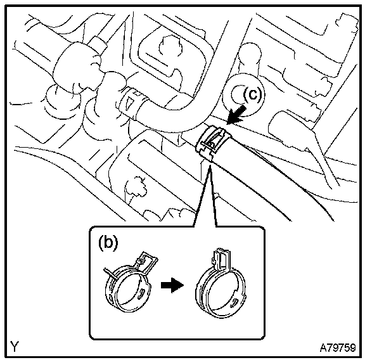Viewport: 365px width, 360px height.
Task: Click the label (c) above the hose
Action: point(252,94)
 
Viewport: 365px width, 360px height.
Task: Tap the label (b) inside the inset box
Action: point(108,243)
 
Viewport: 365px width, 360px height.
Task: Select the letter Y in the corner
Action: point(15,347)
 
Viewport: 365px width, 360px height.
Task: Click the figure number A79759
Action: point(338,348)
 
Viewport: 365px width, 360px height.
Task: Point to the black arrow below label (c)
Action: point(237,115)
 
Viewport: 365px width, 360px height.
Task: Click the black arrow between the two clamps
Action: point(172,285)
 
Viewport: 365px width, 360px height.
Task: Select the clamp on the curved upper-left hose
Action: point(133,102)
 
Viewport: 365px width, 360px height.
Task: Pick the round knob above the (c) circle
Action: point(250,55)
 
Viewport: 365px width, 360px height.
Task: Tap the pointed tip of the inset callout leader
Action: point(210,165)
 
